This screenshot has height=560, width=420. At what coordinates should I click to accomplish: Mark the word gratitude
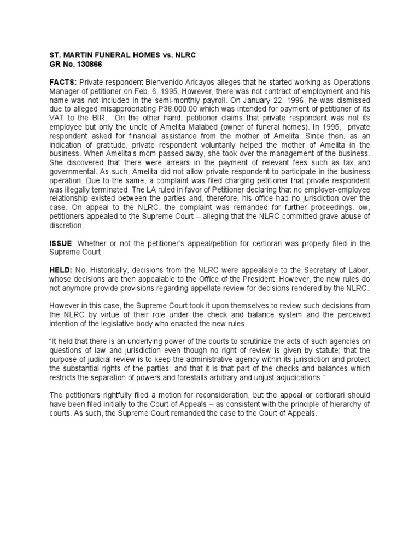pos(113,144)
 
